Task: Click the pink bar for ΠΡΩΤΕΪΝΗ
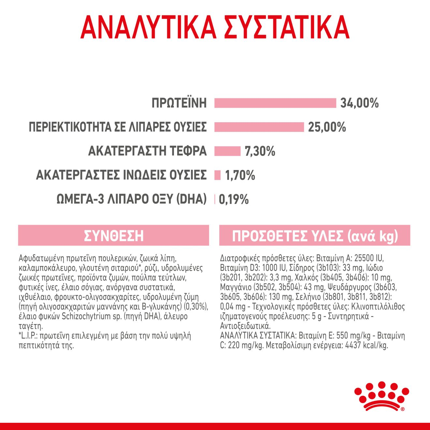tap(275, 103)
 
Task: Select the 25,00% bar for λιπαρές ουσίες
tap(259, 127)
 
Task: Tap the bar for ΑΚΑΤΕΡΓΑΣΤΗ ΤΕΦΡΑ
tap(227, 151)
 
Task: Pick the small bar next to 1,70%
tap(218, 175)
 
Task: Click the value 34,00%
tap(359, 103)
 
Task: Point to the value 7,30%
tap(260, 151)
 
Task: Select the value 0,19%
tap(234, 199)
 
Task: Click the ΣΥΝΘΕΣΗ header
tap(113, 236)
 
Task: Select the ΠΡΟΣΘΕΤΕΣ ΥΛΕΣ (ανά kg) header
tap(315, 236)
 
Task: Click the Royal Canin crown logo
tap(381, 396)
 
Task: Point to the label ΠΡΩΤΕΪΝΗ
tap(179, 103)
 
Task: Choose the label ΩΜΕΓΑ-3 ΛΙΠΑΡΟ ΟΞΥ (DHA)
tap(132, 199)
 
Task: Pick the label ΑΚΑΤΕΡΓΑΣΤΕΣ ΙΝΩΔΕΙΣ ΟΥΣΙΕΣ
tap(121, 175)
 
